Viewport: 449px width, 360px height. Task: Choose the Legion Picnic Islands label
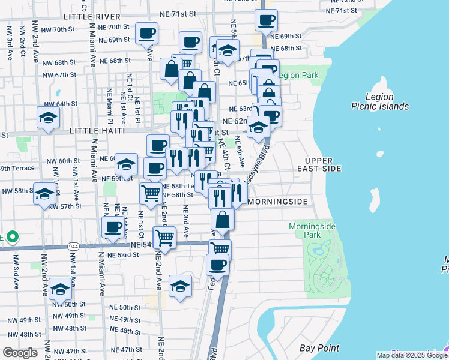click(x=387, y=101)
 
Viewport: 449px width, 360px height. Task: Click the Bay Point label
click(x=319, y=348)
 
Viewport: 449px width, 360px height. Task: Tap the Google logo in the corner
click(x=20, y=353)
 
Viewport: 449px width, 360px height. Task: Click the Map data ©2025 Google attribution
click(x=412, y=355)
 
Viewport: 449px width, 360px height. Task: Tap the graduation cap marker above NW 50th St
click(x=60, y=289)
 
